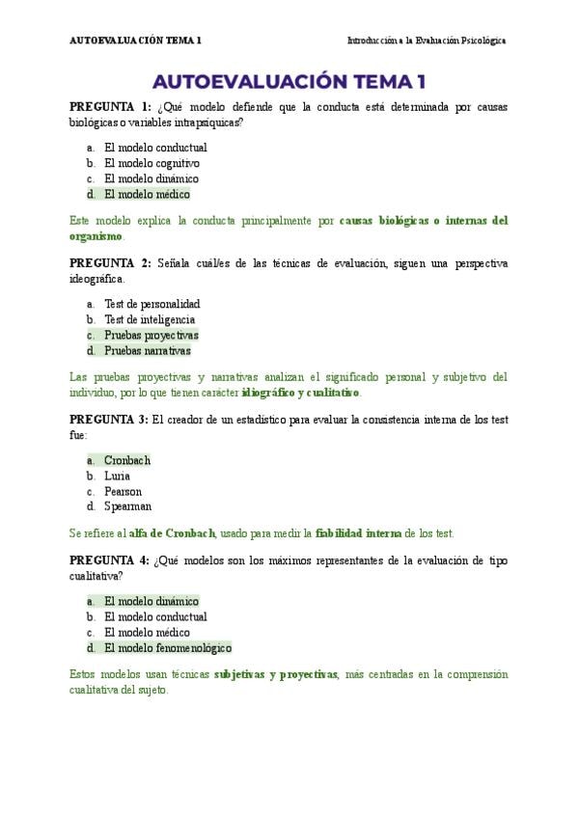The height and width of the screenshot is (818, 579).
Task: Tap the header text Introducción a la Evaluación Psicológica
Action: [x=426, y=41]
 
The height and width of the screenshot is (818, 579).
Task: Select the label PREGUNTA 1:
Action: [x=110, y=107]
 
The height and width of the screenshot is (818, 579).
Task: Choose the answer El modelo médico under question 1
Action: [x=147, y=194]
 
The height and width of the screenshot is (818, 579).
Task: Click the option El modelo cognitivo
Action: [x=152, y=163]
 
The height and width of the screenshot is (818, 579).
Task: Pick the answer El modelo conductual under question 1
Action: [x=154, y=148]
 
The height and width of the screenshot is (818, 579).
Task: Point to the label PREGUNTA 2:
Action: [x=110, y=263]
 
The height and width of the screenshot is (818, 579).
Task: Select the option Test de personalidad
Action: [x=152, y=304]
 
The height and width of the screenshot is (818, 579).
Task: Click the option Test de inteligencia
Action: [x=150, y=319]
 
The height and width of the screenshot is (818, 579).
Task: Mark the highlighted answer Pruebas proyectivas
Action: [x=151, y=335]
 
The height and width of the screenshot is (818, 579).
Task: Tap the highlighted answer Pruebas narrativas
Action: [x=147, y=350]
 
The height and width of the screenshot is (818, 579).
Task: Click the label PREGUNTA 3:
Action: [x=110, y=420]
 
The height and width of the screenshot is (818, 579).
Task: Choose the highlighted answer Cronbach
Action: [x=127, y=460]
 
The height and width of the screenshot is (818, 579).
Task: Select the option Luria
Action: [x=117, y=476]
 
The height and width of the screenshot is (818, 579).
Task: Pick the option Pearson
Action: [x=123, y=491]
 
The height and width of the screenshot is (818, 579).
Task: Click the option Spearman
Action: [x=127, y=506]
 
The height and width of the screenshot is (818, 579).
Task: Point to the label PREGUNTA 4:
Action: [x=110, y=560]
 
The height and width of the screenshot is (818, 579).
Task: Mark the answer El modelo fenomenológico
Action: [x=168, y=647]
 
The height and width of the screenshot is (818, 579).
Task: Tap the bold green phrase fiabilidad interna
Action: [x=358, y=532]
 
